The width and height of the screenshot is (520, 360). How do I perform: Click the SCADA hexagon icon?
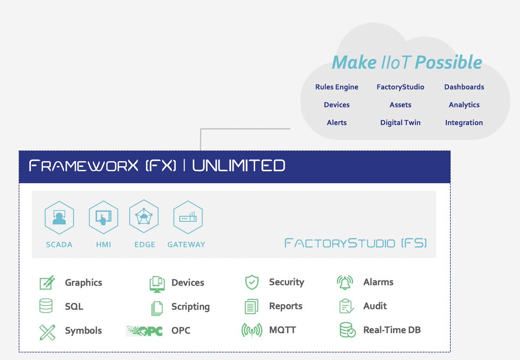59,217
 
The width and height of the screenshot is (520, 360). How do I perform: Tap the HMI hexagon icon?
104,217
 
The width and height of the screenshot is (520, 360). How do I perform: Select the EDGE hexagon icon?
144,217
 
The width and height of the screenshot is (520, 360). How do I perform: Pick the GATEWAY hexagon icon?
188,217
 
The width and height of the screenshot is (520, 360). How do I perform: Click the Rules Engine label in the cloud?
337,87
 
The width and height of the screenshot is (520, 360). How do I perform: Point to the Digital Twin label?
400,123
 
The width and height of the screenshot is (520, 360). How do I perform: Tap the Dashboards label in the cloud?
464,87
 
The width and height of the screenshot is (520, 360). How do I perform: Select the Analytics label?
464,105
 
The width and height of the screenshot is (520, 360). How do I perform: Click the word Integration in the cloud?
464,123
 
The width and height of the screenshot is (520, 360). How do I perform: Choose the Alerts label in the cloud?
337,123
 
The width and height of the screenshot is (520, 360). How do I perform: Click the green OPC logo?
144,331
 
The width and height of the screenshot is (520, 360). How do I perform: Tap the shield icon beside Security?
252,282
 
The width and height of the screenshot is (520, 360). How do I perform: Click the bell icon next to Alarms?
345,282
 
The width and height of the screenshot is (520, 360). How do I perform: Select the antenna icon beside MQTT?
252,331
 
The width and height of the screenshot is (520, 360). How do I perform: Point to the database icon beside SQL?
46,306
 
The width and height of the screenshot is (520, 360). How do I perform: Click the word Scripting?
190,307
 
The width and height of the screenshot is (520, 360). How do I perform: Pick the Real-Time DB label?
392,330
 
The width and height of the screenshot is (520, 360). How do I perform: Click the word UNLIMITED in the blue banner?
239,165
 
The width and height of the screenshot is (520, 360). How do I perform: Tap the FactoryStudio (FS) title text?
356,243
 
